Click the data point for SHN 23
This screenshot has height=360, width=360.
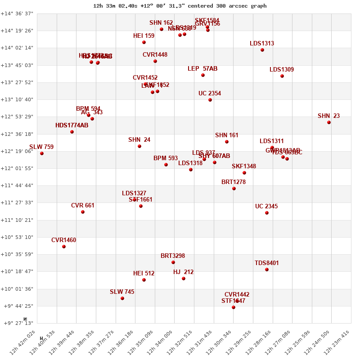tap(329, 122)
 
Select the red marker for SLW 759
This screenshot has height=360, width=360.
tap(42, 153)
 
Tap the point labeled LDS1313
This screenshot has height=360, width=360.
tap(262, 50)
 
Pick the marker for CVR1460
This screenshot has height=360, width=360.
tap(64, 247)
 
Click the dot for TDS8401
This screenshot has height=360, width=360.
tap(267, 270)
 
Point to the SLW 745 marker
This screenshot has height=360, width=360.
tap(122, 298)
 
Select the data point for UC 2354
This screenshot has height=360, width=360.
tap(210, 100)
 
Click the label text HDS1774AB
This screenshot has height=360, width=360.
tap(72, 126)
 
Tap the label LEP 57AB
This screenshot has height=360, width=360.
tap(202, 69)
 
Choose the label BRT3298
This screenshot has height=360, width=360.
tap(173, 256)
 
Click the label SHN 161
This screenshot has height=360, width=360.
tap(227, 135)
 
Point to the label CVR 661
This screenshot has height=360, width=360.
tap(83, 206)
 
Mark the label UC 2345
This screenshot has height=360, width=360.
tap(266, 207)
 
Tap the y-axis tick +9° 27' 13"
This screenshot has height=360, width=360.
tap(18, 323)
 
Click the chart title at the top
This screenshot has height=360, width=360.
tap(180, 6)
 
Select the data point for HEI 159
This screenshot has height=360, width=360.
tap(144, 42)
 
